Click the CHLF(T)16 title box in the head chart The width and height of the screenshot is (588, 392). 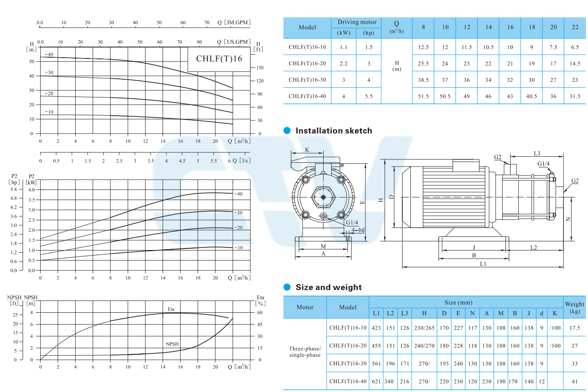pyautogui.click(x=219, y=59)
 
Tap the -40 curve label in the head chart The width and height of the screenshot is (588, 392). pyautogui.click(x=49, y=54)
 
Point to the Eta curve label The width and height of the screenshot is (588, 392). pyautogui.click(x=171, y=309)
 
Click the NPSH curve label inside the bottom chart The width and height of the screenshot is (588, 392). pyautogui.click(x=172, y=344)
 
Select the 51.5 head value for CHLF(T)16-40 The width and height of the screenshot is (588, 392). pyautogui.click(x=423, y=96)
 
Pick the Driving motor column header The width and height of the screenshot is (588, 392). pyautogui.click(x=357, y=22)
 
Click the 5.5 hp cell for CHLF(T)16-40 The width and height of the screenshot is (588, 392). pyautogui.click(x=368, y=96)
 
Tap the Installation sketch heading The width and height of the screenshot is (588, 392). pyautogui.click(x=334, y=131)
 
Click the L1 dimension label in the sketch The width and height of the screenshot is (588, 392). pyautogui.click(x=483, y=264)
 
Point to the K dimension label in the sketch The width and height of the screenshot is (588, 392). pyautogui.click(x=307, y=150)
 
